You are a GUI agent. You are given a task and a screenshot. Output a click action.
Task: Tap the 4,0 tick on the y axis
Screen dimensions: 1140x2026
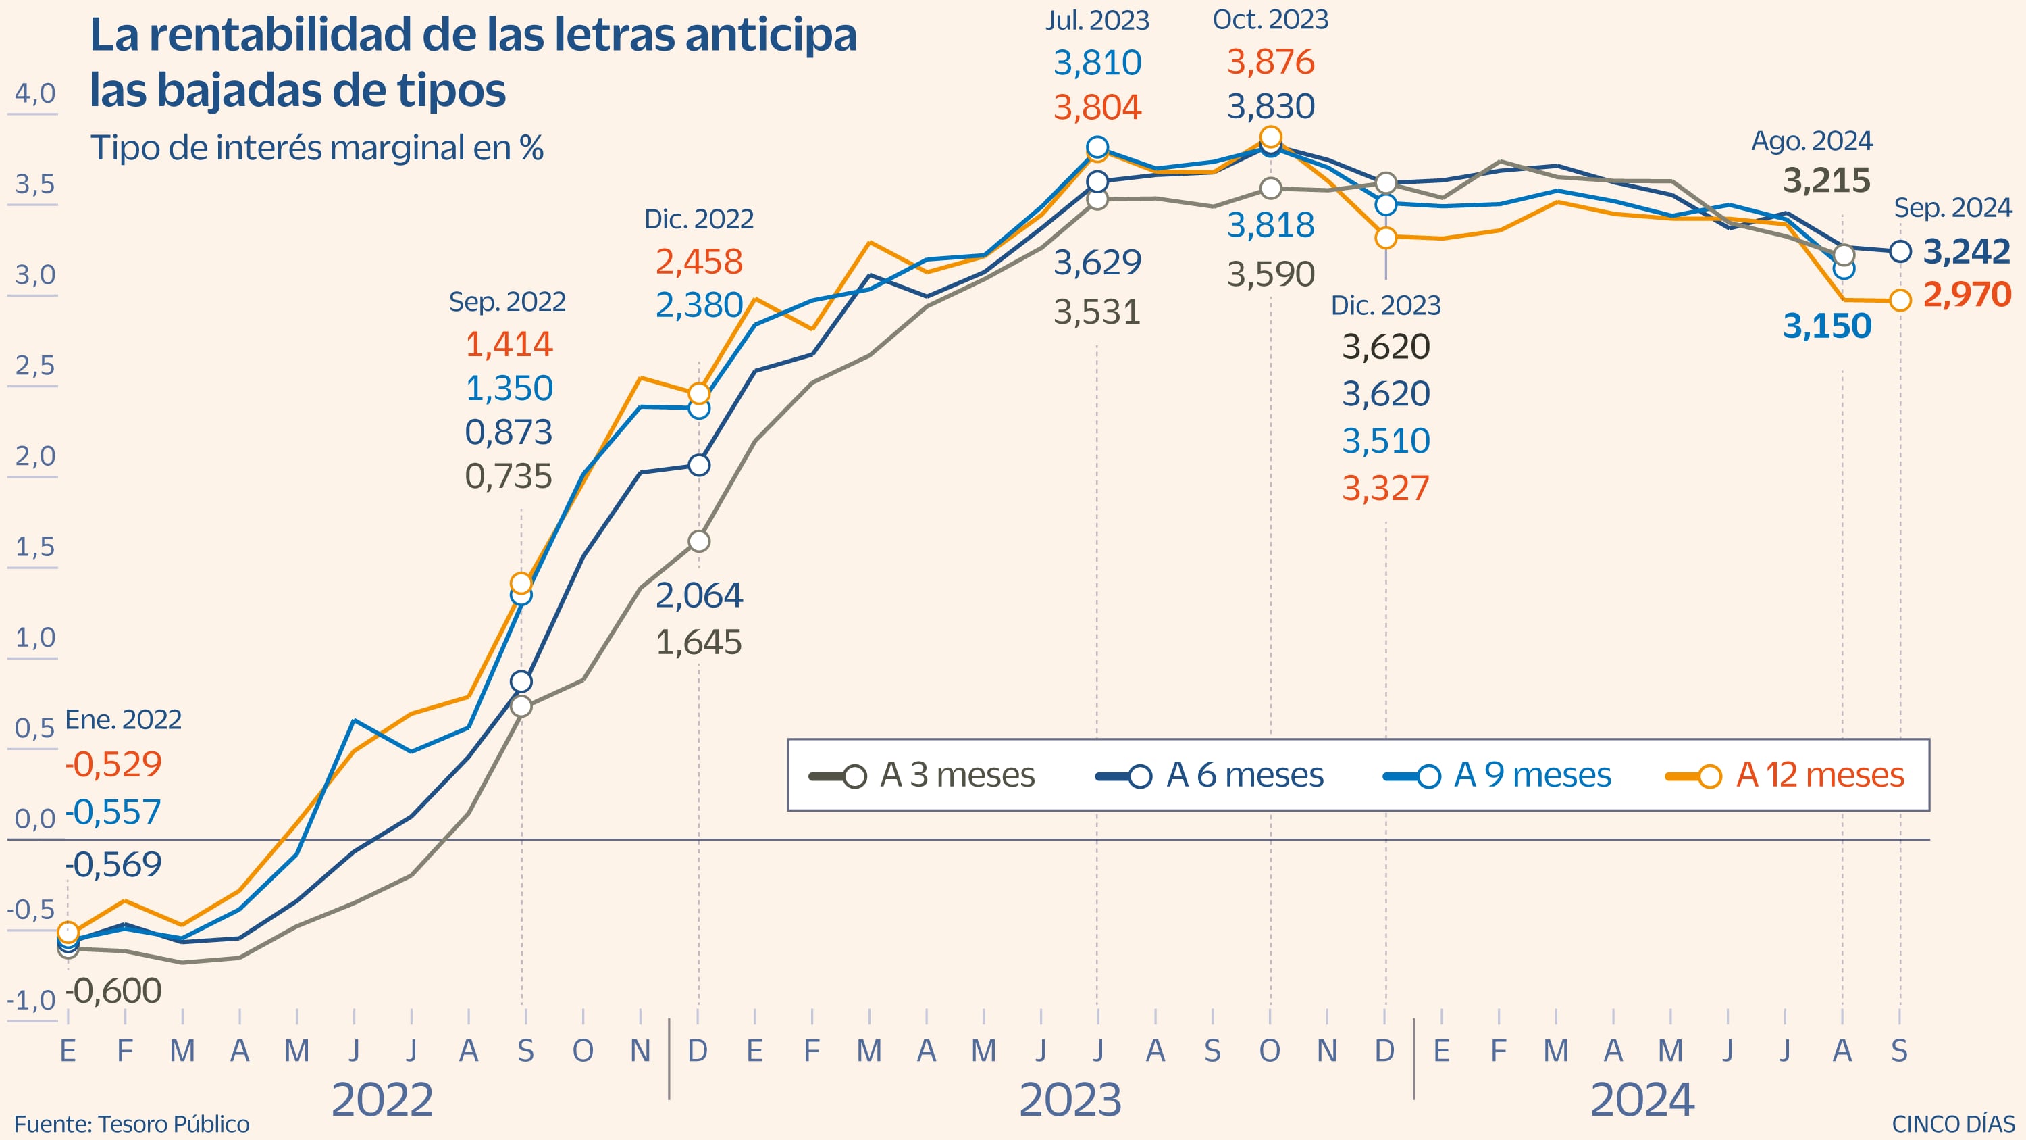[x=35, y=94]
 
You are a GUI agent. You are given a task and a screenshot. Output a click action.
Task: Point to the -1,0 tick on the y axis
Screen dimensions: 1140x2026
[x=32, y=1001]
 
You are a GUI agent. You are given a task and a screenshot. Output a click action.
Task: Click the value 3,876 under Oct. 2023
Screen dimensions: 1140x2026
[x=1270, y=62]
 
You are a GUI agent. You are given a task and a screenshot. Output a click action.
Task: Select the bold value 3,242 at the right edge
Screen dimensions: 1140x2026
[x=1966, y=252]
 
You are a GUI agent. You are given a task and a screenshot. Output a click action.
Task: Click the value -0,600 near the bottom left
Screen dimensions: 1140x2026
[x=114, y=991]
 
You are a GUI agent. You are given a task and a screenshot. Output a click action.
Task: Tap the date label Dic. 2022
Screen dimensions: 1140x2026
[x=698, y=219]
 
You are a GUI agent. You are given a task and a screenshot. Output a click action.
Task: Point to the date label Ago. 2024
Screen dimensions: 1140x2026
[x=1811, y=142]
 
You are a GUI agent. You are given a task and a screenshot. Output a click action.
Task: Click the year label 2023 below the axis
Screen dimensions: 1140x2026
[x=1070, y=1100]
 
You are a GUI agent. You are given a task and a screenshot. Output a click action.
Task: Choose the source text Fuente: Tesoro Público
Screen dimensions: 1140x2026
[x=131, y=1124]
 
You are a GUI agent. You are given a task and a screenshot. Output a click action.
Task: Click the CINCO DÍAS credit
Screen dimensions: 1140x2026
[x=1953, y=1124]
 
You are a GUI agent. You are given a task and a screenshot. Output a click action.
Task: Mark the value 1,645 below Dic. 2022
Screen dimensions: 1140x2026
[x=698, y=643]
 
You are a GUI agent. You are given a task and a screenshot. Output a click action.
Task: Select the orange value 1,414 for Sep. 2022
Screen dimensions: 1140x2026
[x=509, y=345]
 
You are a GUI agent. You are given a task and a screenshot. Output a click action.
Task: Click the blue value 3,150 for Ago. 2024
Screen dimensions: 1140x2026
[x=1826, y=326]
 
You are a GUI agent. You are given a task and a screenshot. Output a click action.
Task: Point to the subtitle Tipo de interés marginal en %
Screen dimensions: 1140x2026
[x=317, y=148]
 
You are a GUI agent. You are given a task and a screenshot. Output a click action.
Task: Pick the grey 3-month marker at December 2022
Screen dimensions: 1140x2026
[x=698, y=541]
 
